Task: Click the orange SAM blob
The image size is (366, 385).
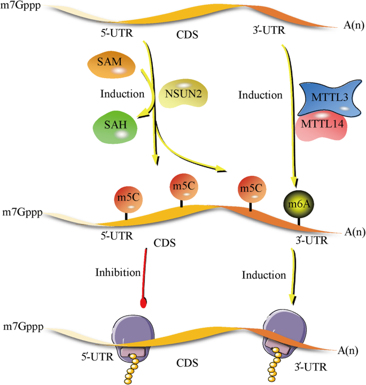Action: point(111,66)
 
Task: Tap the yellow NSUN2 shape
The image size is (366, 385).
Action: point(183,94)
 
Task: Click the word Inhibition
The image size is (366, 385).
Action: point(118,272)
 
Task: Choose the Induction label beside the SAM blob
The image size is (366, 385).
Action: point(122,94)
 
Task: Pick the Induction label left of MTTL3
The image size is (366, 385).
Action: point(261,96)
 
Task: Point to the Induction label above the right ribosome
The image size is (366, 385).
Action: point(264,275)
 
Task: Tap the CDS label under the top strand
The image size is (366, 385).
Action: point(187,36)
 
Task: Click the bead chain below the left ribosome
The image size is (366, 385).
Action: point(130,369)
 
